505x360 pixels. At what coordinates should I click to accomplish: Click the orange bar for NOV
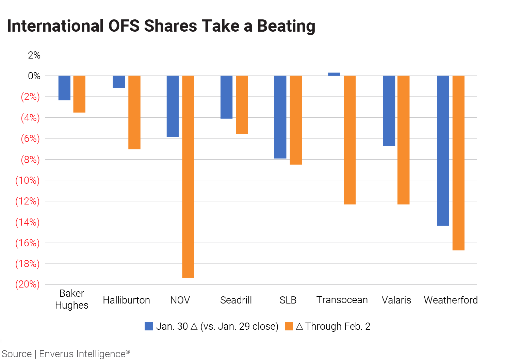pyautogui.click(x=188, y=177)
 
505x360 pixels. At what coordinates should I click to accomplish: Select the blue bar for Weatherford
pyautogui.click(x=443, y=151)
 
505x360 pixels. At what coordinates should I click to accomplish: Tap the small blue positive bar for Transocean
pyautogui.click(x=334, y=74)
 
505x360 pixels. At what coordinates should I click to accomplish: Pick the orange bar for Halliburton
pyautogui.click(x=134, y=112)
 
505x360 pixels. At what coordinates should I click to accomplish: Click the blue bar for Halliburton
pyautogui.click(x=119, y=82)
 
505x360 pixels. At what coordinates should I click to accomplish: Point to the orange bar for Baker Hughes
pyautogui.click(x=79, y=94)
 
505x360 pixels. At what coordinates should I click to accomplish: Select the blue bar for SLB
pyautogui.click(x=280, y=117)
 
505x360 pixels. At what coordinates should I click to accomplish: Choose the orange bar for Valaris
pyautogui.click(x=403, y=140)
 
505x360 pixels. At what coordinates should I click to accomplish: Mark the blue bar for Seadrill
pyautogui.click(x=226, y=97)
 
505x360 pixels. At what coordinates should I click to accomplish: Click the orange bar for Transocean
pyautogui.click(x=349, y=140)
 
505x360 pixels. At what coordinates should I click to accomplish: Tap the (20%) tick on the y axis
pyautogui.click(x=27, y=284)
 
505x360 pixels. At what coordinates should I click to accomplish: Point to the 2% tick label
pyautogui.click(x=34, y=55)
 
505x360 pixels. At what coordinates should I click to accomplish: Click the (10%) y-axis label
pyautogui.click(x=27, y=180)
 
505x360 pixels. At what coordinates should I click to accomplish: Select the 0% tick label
pyautogui.click(x=34, y=76)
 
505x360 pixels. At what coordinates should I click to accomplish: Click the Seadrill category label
pyautogui.click(x=236, y=300)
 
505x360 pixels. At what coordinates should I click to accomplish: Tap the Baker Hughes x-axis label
pyautogui.click(x=71, y=299)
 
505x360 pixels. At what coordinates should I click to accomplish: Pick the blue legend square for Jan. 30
pyautogui.click(x=149, y=326)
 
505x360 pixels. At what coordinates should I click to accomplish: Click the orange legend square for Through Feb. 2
pyautogui.click(x=289, y=326)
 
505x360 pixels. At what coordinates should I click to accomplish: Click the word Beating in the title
pyautogui.click(x=286, y=26)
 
